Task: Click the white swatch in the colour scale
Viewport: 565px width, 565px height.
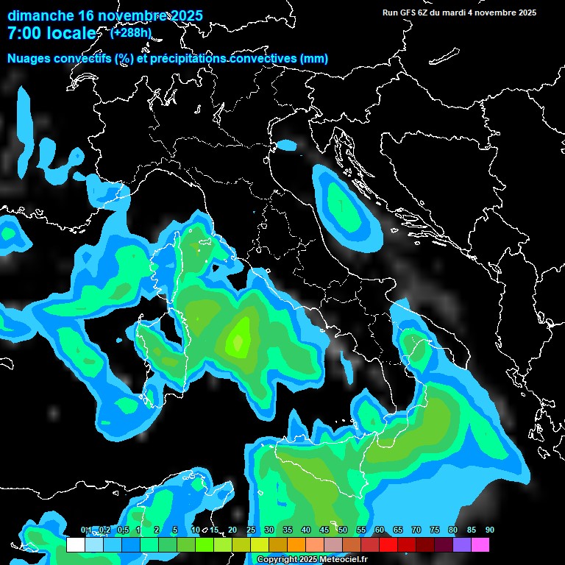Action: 75,545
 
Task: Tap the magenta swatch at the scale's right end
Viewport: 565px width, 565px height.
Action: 480,545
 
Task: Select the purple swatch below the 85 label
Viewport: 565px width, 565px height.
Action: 462,545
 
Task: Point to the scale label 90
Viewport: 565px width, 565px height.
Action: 489,530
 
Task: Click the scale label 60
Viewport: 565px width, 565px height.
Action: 379,530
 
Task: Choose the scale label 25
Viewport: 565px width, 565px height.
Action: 250,530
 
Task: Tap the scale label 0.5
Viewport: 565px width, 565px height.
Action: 123,530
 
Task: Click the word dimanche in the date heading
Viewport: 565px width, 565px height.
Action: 40,15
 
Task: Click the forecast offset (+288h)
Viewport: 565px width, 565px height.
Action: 131,32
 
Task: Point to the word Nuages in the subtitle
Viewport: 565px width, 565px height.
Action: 29,59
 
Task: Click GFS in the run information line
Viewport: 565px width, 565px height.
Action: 409,13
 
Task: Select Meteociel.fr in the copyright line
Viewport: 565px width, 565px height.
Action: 341,560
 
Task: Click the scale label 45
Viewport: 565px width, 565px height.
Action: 324,530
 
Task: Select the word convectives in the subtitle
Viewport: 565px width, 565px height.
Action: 261,59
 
